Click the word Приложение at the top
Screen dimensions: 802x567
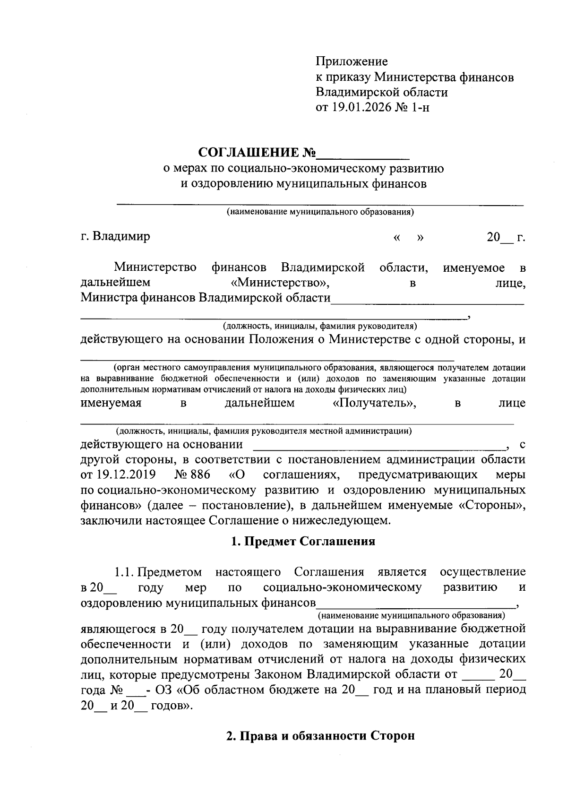click(352, 61)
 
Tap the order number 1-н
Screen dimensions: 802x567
click(420, 107)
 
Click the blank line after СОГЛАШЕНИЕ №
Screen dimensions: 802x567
click(363, 154)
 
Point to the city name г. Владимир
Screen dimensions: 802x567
click(115, 236)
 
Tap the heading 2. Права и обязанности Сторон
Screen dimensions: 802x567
click(320, 736)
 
